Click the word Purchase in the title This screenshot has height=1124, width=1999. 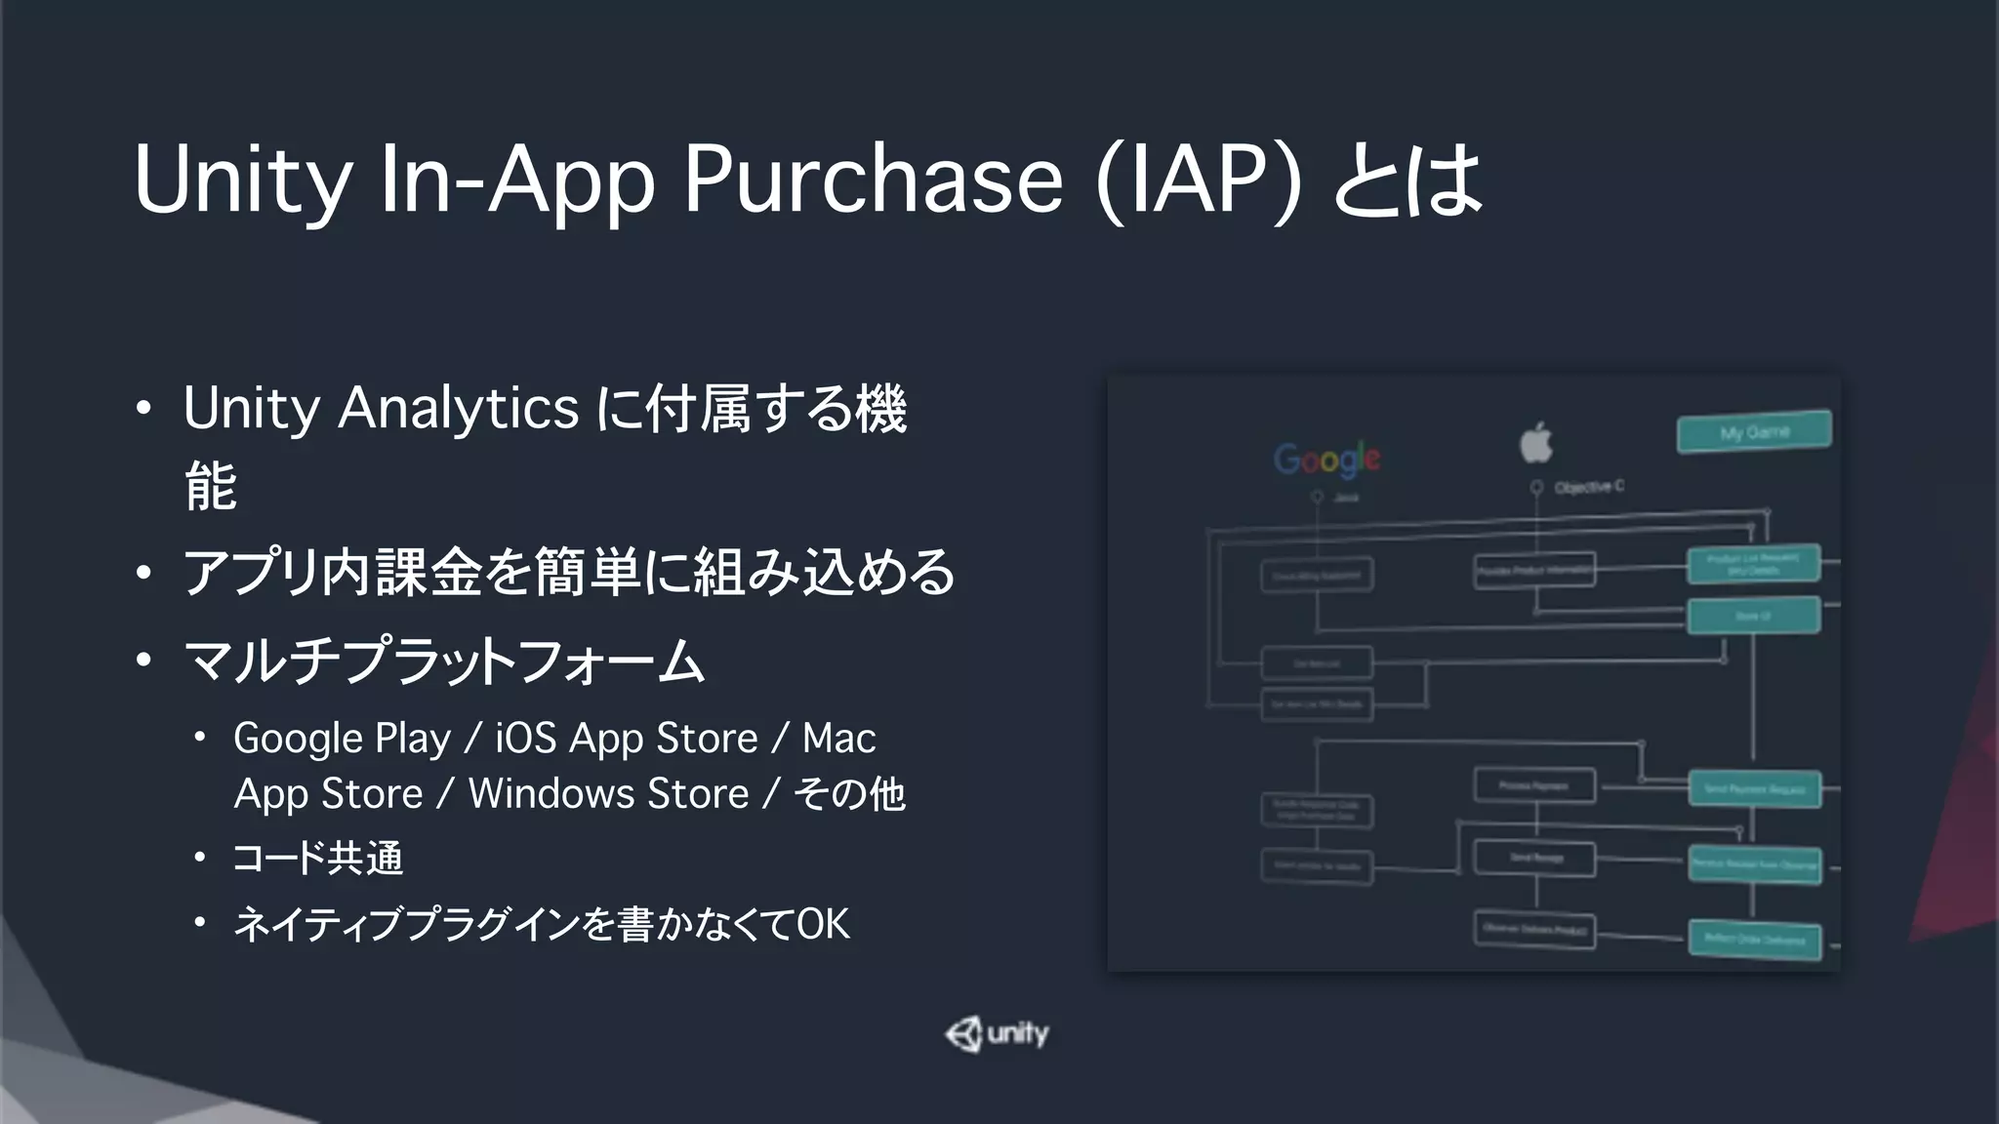click(872, 181)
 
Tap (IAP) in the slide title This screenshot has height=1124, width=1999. click(1198, 181)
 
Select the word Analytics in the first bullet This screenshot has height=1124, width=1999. click(458, 408)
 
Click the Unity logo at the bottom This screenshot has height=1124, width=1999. click(998, 1034)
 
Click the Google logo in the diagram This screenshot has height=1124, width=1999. click(1326, 459)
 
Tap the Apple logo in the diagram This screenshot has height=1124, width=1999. click(1536, 442)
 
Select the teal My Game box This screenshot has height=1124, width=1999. click(1754, 431)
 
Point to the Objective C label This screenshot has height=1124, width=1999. click(1588, 486)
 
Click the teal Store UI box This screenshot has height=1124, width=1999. click(1753, 616)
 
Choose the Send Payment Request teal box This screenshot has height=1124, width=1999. click(1755, 788)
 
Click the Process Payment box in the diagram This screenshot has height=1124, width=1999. click(1534, 785)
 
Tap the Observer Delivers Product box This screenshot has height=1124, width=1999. click(1534, 930)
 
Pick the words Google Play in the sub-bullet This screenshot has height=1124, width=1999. click(342, 739)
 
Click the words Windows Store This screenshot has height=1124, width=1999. click(608, 794)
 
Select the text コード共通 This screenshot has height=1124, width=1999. click(317, 859)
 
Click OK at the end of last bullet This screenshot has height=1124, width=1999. click(823, 924)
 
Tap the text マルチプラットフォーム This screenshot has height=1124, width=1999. click(444, 662)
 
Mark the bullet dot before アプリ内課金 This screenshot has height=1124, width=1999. click(143, 573)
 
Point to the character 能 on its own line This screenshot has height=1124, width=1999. click(210, 486)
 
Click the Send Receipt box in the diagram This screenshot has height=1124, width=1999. click(1534, 859)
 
